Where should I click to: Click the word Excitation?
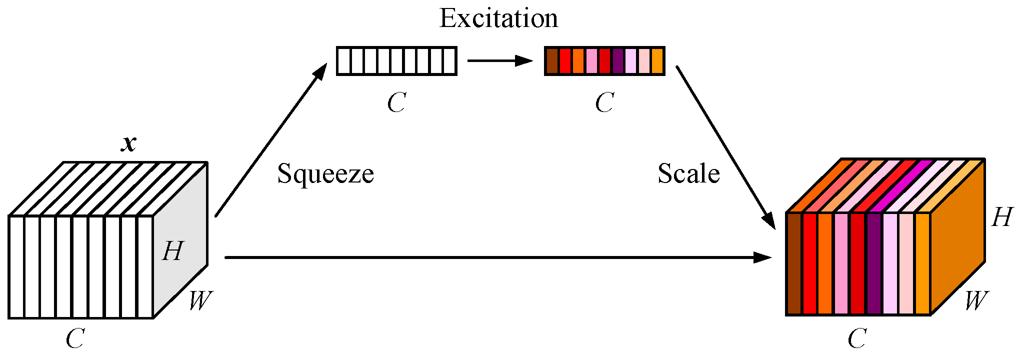tap(498, 19)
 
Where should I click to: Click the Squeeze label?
tap(325, 174)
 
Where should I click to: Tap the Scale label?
tap(688, 174)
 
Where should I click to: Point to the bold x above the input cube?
tap(129, 143)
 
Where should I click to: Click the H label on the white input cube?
tap(173, 251)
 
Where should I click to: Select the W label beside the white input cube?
tap(200, 301)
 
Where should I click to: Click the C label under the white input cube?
tap(75, 339)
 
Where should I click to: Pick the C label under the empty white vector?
tap(396, 103)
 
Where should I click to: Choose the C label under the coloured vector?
tap(604, 103)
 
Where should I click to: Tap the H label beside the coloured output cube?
tap(1001, 217)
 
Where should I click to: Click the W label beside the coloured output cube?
tap(976, 301)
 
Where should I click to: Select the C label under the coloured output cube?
tap(856, 339)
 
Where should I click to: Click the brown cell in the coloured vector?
tap(552, 61)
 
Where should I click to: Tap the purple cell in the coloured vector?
tap(618, 61)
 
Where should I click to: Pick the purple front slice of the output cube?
tap(874, 263)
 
